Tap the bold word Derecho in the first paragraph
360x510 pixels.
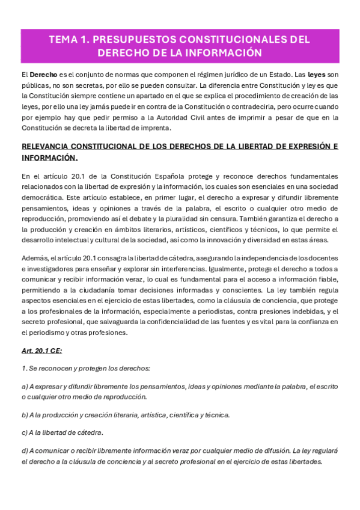43,75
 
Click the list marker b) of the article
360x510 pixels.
25,415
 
